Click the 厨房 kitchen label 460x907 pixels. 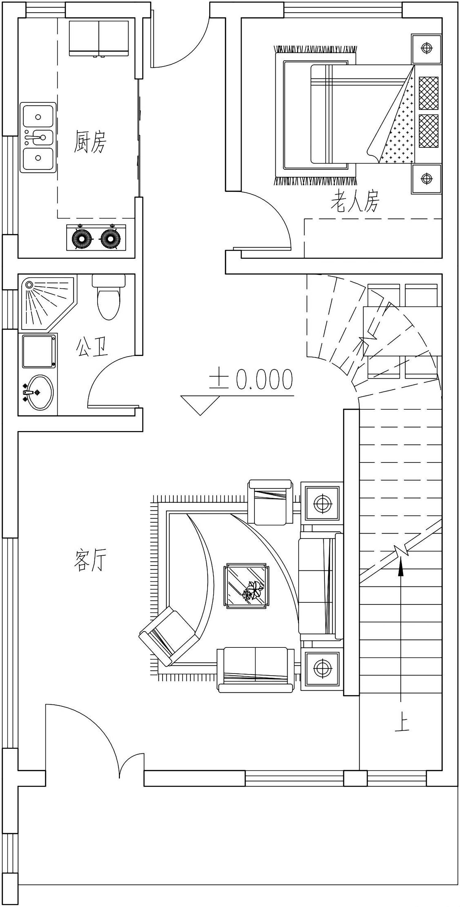coord(90,141)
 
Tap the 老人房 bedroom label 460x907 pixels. coord(355,201)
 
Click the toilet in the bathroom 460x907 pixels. coord(109,297)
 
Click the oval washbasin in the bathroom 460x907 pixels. coord(39,392)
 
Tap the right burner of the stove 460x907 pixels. coord(111,238)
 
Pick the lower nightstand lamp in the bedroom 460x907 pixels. coord(427,179)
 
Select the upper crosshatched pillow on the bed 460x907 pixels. coord(428,93)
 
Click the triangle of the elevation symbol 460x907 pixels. coord(200,405)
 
